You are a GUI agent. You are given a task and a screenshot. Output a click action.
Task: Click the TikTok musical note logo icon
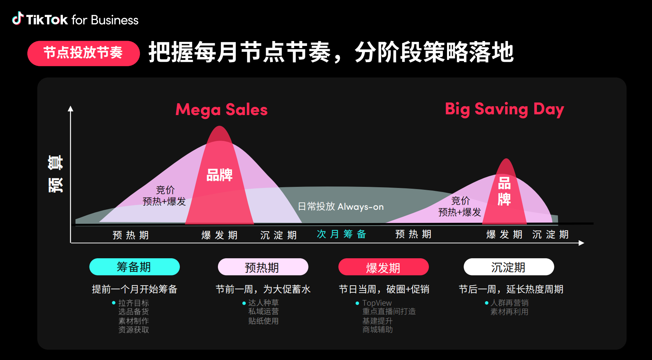pos(18,18)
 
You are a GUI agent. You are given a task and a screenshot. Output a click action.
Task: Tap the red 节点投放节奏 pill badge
pos(83,53)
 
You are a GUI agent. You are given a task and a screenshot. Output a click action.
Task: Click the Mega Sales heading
pos(221,110)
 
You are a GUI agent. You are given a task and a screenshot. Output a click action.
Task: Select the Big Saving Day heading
pos(504,110)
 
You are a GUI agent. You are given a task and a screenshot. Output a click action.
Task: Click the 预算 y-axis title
pos(56,174)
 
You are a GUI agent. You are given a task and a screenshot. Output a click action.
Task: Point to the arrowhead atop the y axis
pos(70,109)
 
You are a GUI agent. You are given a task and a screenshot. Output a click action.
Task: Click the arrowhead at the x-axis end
pos(581,243)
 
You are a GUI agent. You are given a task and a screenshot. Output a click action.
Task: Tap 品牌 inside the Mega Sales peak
pos(219,175)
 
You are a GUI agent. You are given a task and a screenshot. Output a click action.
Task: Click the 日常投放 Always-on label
pos(341,206)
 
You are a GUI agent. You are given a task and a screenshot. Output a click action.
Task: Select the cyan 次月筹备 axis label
pos(341,234)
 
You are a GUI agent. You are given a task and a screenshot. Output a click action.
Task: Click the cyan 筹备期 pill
pos(134,267)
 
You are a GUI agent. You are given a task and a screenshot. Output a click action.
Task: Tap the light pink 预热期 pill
pos(263,267)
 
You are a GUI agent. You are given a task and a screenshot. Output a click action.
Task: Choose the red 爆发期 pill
pos(383,267)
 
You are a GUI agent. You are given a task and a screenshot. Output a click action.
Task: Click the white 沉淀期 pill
pos(509,267)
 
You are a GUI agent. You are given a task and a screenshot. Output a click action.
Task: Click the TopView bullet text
pos(377,303)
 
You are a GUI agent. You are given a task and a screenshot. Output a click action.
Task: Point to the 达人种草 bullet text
pos(263,303)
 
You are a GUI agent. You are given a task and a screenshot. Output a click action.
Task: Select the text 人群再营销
pos(510,303)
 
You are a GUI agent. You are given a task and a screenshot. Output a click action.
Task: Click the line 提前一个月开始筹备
pos(135,289)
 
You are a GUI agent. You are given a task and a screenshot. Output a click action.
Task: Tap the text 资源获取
pos(134,330)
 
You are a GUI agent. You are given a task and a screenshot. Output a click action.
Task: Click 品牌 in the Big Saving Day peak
pos(504,191)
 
